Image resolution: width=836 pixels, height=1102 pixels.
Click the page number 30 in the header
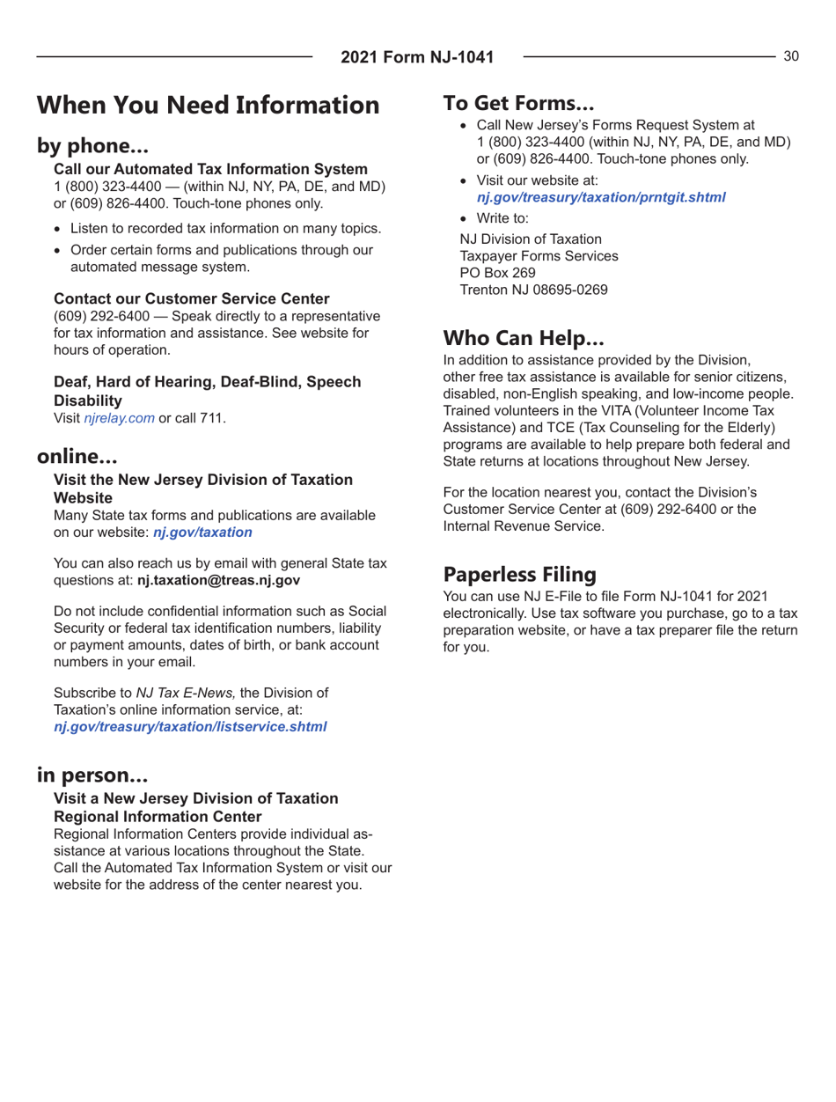point(791,56)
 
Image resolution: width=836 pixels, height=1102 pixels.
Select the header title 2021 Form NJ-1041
point(417,58)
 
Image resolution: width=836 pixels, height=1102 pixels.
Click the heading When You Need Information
point(208,106)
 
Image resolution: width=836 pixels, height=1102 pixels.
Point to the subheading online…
point(77,458)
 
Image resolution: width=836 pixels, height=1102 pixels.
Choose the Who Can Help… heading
point(523,337)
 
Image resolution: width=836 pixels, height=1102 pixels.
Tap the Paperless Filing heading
point(520,574)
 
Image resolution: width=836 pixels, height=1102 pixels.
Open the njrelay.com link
point(119,418)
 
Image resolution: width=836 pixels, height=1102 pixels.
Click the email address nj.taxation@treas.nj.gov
point(218,580)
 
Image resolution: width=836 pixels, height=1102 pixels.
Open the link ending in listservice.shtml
point(191,726)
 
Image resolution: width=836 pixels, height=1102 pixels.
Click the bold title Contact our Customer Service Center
point(187,299)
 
